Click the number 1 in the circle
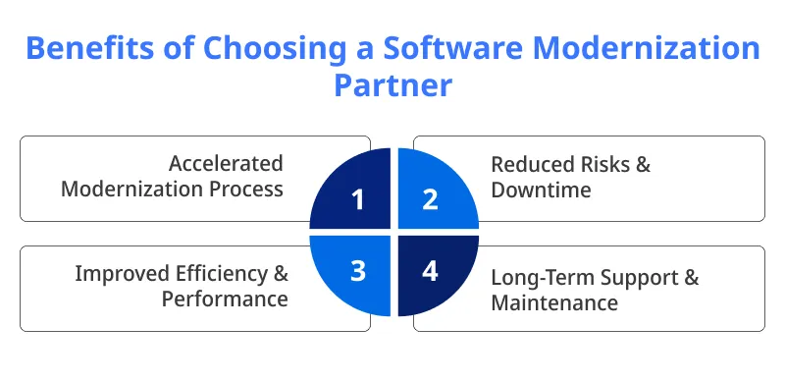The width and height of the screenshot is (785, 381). (x=358, y=199)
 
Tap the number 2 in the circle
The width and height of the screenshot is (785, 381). (x=429, y=199)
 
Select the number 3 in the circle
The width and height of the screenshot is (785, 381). (x=358, y=268)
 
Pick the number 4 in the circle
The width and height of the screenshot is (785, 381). (x=429, y=268)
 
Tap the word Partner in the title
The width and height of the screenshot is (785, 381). (x=392, y=85)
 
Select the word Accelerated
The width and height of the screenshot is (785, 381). (x=226, y=163)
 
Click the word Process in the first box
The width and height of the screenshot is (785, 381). (x=244, y=189)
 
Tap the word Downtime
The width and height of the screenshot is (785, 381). (x=541, y=190)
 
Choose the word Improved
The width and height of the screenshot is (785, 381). (x=122, y=273)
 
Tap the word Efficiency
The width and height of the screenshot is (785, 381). (x=222, y=273)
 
